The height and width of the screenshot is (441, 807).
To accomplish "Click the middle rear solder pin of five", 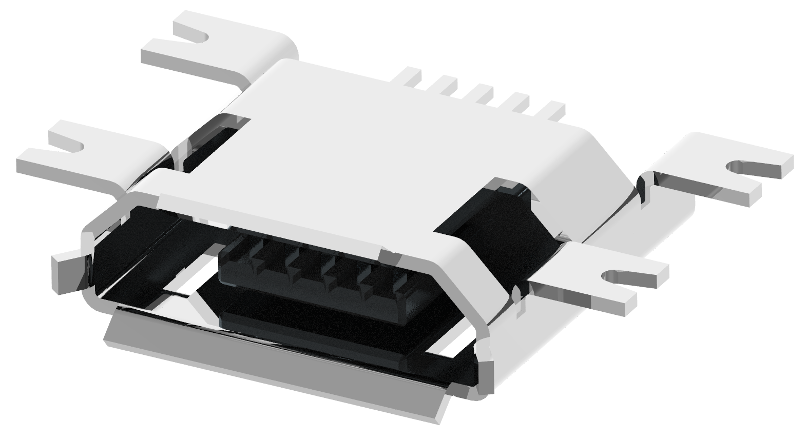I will point(483,93).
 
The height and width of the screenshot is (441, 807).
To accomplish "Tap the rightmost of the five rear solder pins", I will point(553,109).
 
